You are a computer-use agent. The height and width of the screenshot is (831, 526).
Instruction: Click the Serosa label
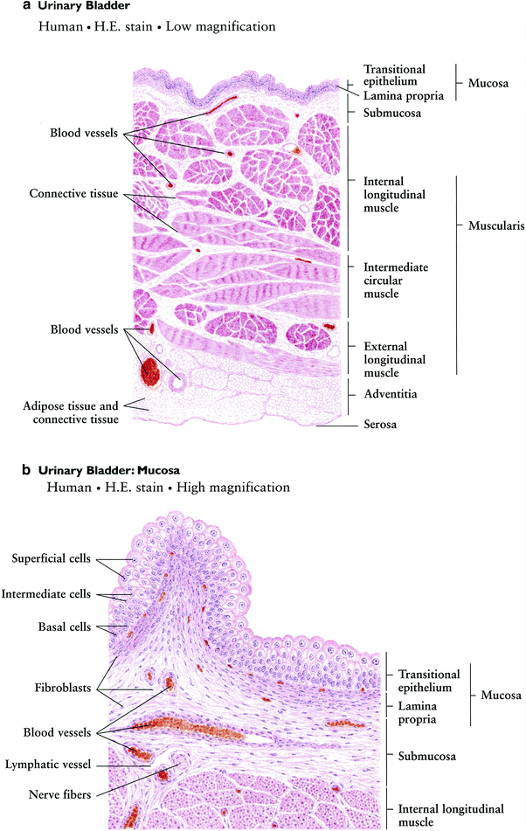click(x=380, y=425)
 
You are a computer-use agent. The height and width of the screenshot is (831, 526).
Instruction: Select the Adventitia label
click(x=391, y=394)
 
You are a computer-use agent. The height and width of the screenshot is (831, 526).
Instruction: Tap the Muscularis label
click(x=496, y=226)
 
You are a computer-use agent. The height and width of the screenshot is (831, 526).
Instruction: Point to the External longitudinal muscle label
click(x=395, y=360)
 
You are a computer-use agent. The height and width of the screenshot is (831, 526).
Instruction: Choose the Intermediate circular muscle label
click(x=396, y=280)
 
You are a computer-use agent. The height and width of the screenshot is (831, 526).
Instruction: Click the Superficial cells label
click(x=51, y=558)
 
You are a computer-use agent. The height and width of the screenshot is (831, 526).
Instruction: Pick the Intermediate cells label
click(x=46, y=594)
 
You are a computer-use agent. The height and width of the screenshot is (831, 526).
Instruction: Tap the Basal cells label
click(x=65, y=627)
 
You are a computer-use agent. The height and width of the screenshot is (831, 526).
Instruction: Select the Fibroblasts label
click(x=63, y=689)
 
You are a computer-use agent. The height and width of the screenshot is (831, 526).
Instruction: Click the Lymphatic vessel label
click(x=48, y=765)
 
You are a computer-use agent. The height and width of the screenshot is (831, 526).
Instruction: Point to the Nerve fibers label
click(x=60, y=795)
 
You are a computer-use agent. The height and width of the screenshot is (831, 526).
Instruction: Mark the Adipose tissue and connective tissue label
click(x=71, y=412)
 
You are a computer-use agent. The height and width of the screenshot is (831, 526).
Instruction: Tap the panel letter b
click(x=26, y=469)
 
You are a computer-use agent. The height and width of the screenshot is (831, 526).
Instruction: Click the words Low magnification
click(x=220, y=27)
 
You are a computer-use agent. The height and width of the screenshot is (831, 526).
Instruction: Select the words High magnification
click(x=233, y=488)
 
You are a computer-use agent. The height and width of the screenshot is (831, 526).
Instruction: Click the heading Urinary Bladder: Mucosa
click(x=109, y=470)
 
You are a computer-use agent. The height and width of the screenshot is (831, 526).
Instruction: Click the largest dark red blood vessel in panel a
click(x=149, y=370)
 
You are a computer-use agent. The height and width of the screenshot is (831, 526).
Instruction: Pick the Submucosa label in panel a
click(x=392, y=113)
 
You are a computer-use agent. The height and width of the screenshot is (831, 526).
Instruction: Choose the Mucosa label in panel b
click(x=501, y=696)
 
